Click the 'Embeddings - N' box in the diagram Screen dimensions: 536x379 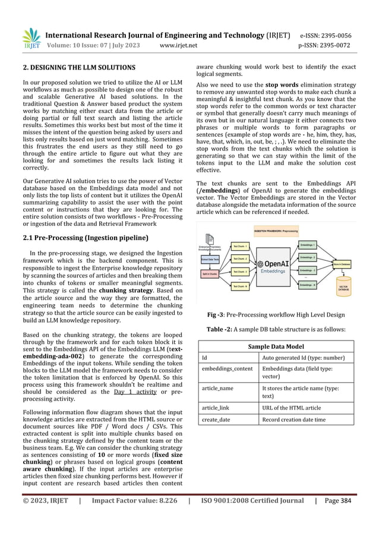(x=308, y=285)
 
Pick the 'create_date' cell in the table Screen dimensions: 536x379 (x=216, y=420)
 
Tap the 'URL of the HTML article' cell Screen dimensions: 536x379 (x=291, y=408)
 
